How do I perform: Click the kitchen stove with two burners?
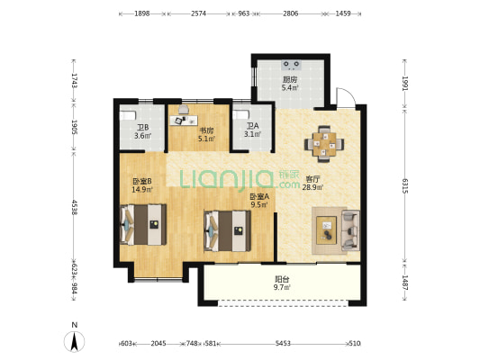click(x=291, y=64)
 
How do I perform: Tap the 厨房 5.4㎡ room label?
click(x=290, y=84)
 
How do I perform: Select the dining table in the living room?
click(x=324, y=144)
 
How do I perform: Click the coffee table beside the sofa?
click(x=326, y=230)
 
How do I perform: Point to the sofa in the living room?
click(x=350, y=230)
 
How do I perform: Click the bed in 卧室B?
click(x=143, y=224)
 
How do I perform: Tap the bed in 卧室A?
click(x=228, y=230)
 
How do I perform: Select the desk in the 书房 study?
click(x=184, y=121)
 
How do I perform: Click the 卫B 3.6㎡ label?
click(x=142, y=131)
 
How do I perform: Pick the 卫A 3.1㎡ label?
click(x=252, y=130)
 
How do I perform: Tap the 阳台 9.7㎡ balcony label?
click(x=282, y=283)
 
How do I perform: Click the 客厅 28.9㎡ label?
click(x=312, y=184)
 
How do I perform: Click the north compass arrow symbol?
click(x=74, y=341)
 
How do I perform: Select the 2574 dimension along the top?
click(x=199, y=13)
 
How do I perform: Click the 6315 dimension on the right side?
click(x=404, y=186)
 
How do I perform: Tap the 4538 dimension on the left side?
click(x=74, y=207)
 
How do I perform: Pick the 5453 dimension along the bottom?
click(x=283, y=344)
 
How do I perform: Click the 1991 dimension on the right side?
click(x=404, y=84)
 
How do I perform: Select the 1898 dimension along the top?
click(x=142, y=13)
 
